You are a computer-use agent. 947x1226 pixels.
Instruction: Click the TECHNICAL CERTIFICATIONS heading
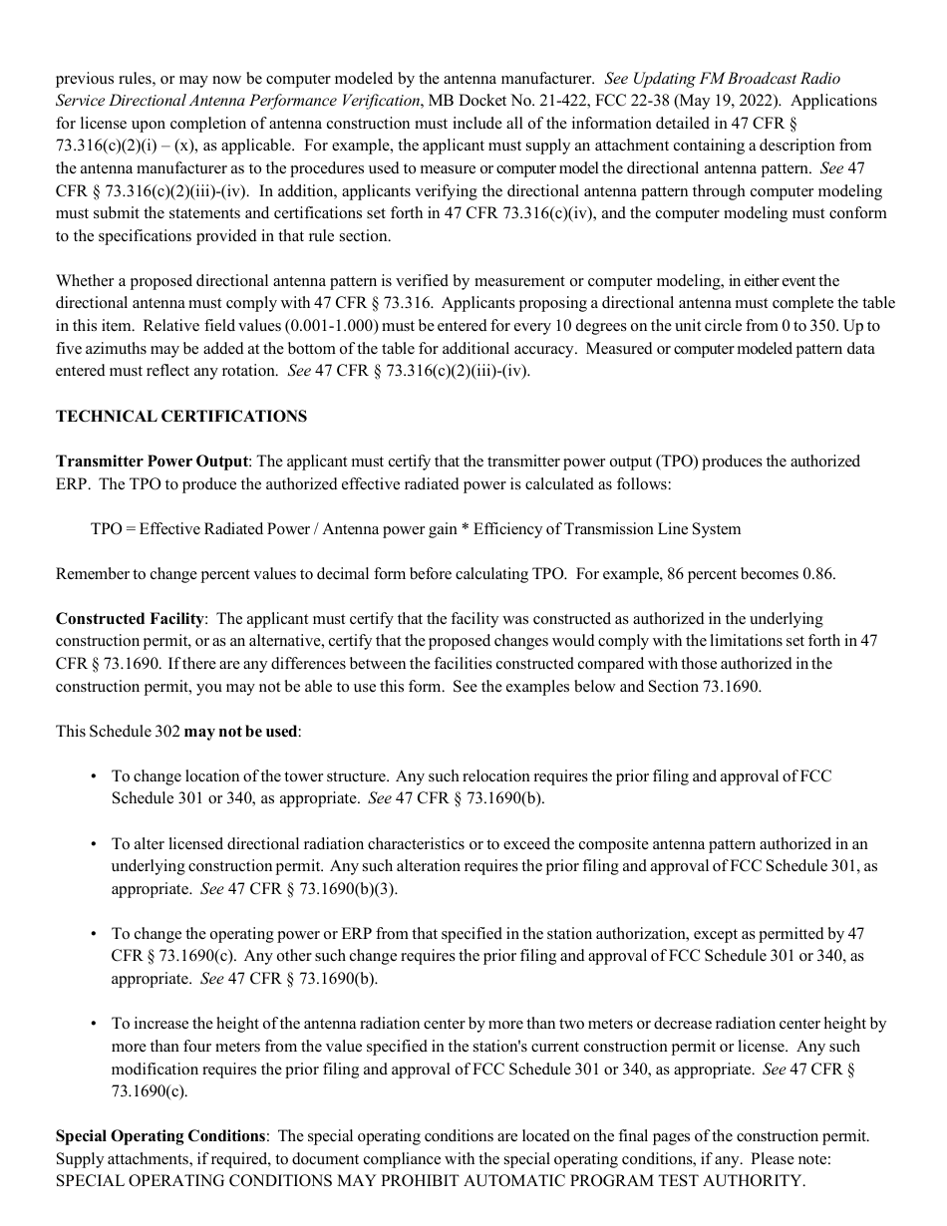[x=181, y=417]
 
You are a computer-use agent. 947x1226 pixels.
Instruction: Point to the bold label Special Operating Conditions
[x=160, y=1136]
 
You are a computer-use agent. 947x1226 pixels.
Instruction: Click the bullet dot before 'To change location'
[x=93, y=776]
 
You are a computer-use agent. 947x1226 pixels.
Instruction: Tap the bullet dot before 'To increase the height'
[x=93, y=1025]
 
